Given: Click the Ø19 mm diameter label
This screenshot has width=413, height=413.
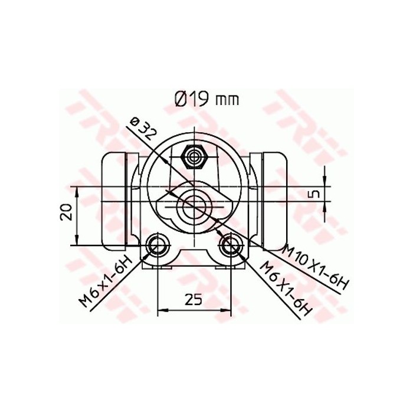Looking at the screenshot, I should click(x=206, y=99).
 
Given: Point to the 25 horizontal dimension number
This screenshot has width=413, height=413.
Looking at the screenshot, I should click(x=192, y=299).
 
